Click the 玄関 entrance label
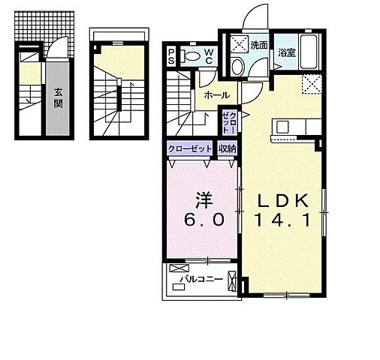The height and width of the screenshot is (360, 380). tap(58, 98)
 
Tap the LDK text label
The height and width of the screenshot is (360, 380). tap(283, 201)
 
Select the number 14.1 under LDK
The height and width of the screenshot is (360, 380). tap(283, 220)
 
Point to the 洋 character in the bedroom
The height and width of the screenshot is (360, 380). tap(204, 201)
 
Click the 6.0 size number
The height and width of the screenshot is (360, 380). tap(204, 220)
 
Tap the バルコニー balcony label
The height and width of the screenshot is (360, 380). tap(202, 279)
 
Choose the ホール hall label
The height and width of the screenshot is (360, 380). tap(217, 95)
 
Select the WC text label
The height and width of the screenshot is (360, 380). tap(209, 56)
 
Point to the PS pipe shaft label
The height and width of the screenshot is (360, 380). tap(171, 57)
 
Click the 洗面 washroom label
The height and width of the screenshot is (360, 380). tap(259, 46)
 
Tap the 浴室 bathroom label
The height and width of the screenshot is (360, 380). tap(287, 52)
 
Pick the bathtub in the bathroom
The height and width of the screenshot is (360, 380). tap(310, 52)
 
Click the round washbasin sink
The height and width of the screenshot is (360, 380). tap(237, 67)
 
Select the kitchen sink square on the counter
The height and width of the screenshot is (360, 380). tap(282, 127)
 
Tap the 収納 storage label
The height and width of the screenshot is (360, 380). tap(227, 149)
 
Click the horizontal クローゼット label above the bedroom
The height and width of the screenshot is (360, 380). tap(190, 149)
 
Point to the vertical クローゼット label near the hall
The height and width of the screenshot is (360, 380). tap(229, 122)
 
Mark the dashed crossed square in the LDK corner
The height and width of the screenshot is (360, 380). tap(312, 84)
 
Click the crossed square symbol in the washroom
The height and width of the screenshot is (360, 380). tap(240, 44)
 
